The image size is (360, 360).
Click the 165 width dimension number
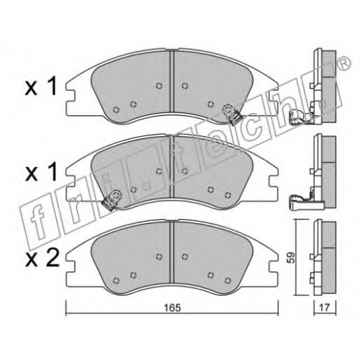point(172,307)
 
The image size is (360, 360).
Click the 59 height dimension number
point(292,258)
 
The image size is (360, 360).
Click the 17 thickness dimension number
point(325,307)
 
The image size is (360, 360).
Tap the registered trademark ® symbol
point(344,64)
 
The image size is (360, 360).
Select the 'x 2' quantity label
point(42,259)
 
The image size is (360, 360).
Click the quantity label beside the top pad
point(41,86)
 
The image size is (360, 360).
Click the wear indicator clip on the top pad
point(232,114)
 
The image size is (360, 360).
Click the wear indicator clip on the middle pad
point(112,199)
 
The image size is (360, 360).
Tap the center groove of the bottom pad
point(171,253)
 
